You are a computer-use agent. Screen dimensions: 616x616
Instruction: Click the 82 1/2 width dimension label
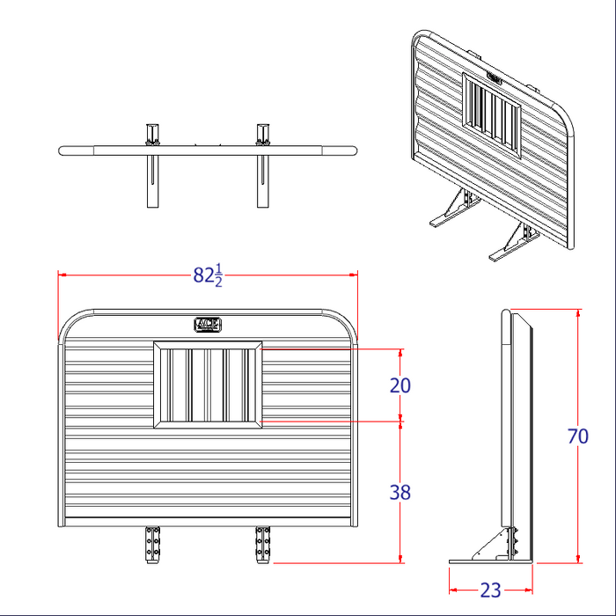click(208, 275)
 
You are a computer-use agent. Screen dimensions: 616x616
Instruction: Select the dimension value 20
click(400, 385)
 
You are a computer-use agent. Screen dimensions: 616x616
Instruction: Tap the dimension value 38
click(400, 493)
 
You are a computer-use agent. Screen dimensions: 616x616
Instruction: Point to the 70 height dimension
click(578, 436)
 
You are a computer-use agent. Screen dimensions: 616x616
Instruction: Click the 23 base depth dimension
click(491, 590)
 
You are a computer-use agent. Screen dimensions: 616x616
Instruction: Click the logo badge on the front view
click(208, 324)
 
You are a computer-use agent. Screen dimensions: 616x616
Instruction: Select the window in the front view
click(208, 385)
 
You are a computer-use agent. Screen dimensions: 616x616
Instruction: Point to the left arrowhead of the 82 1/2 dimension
click(62, 275)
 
